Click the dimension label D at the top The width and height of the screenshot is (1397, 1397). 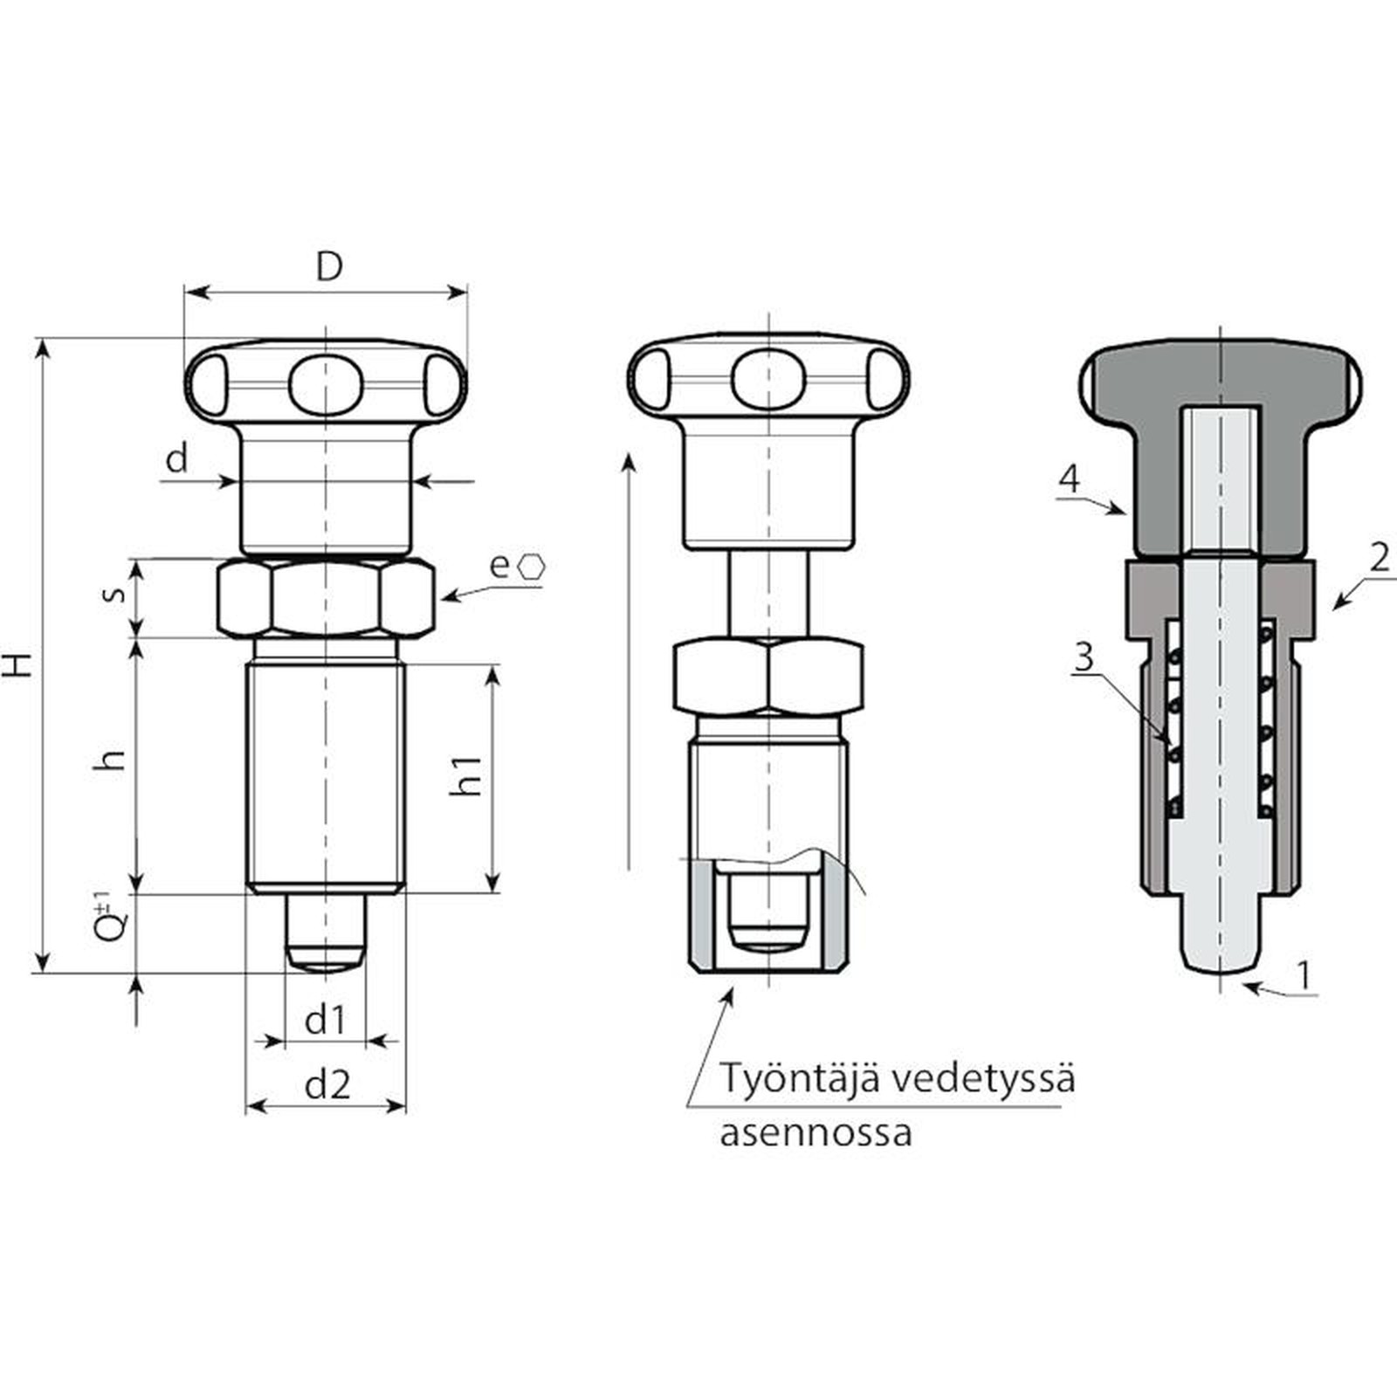(x=329, y=267)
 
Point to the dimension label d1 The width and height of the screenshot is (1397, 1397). (x=325, y=1020)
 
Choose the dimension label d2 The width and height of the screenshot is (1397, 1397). (x=327, y=1084)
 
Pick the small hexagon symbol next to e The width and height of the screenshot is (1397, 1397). (x=531, y=567)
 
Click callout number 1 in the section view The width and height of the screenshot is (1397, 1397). (x=1304, y=974)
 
